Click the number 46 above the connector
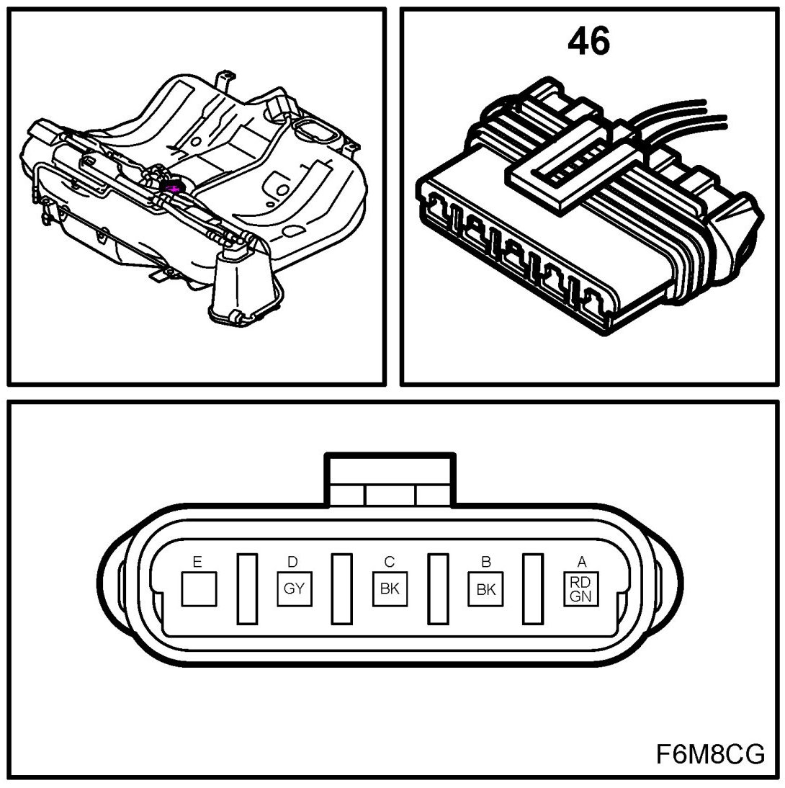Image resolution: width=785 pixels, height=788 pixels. point(588,43)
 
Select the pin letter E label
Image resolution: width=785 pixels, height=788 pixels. point(197,561)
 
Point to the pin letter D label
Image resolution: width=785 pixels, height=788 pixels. point(292,561)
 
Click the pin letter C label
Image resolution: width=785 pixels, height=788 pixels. point(389,561)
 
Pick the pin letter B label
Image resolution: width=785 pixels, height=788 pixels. point(485,561)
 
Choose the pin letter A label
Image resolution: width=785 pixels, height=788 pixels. point(581,561)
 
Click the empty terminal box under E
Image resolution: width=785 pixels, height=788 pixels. point(199,588)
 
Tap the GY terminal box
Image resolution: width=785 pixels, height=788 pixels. point(294,588)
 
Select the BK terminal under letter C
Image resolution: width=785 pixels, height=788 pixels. point(390,588)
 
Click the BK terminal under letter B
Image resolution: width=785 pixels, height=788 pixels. point(486,588)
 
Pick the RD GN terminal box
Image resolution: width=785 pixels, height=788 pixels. point(581,588)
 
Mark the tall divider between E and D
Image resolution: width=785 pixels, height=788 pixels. point(247,588)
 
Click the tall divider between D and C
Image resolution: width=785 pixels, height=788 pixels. point(341,588)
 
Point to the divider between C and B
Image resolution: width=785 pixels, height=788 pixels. point(437,588)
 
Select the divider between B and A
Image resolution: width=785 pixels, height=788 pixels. point(532,588)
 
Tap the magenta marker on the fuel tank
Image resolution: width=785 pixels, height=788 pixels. point(174,188)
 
